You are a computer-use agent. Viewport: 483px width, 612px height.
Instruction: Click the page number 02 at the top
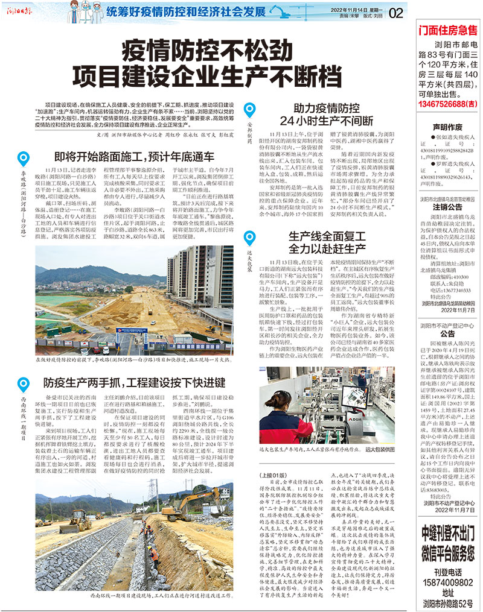point(396,12)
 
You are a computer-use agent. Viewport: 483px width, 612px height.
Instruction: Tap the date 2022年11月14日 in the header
point(344,8)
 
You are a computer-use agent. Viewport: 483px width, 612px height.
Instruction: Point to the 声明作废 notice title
point(447,127)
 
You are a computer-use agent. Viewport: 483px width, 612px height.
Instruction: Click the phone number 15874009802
point(447,583)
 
